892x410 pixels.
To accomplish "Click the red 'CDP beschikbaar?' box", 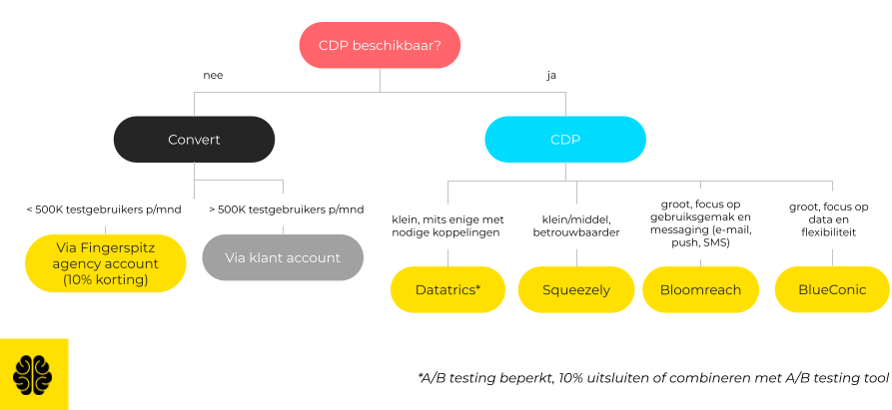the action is [380, 45].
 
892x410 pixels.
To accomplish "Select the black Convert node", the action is [194, 139].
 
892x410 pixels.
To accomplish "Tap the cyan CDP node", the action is [565, 139].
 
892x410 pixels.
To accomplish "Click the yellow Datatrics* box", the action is [447, 289].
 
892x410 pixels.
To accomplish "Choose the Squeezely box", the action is [575, 289].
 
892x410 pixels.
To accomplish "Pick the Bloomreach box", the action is [700, 289].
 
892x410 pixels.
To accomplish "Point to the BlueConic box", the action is [832, 289].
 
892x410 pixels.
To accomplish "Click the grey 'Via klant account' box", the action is [283, 257].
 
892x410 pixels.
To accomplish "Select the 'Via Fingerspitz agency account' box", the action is [105, 263].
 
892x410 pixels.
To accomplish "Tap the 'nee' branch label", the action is [213, 75].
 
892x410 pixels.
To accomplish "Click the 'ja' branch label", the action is [551, 76].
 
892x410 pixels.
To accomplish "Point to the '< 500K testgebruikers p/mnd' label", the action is [104, 209].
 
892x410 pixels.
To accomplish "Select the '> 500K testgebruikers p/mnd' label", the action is [286, 209].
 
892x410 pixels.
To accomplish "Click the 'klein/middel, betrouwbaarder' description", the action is [575, 226].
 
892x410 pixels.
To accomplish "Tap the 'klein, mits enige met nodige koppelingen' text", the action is [447, 226].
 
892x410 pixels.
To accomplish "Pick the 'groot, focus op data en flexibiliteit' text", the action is [829, 219].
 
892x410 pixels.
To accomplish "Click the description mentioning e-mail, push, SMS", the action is [700, 223].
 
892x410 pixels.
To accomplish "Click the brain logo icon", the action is [32, 374].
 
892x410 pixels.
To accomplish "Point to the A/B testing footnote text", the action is [652, 378].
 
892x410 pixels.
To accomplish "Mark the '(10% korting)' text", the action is [105, 280].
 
